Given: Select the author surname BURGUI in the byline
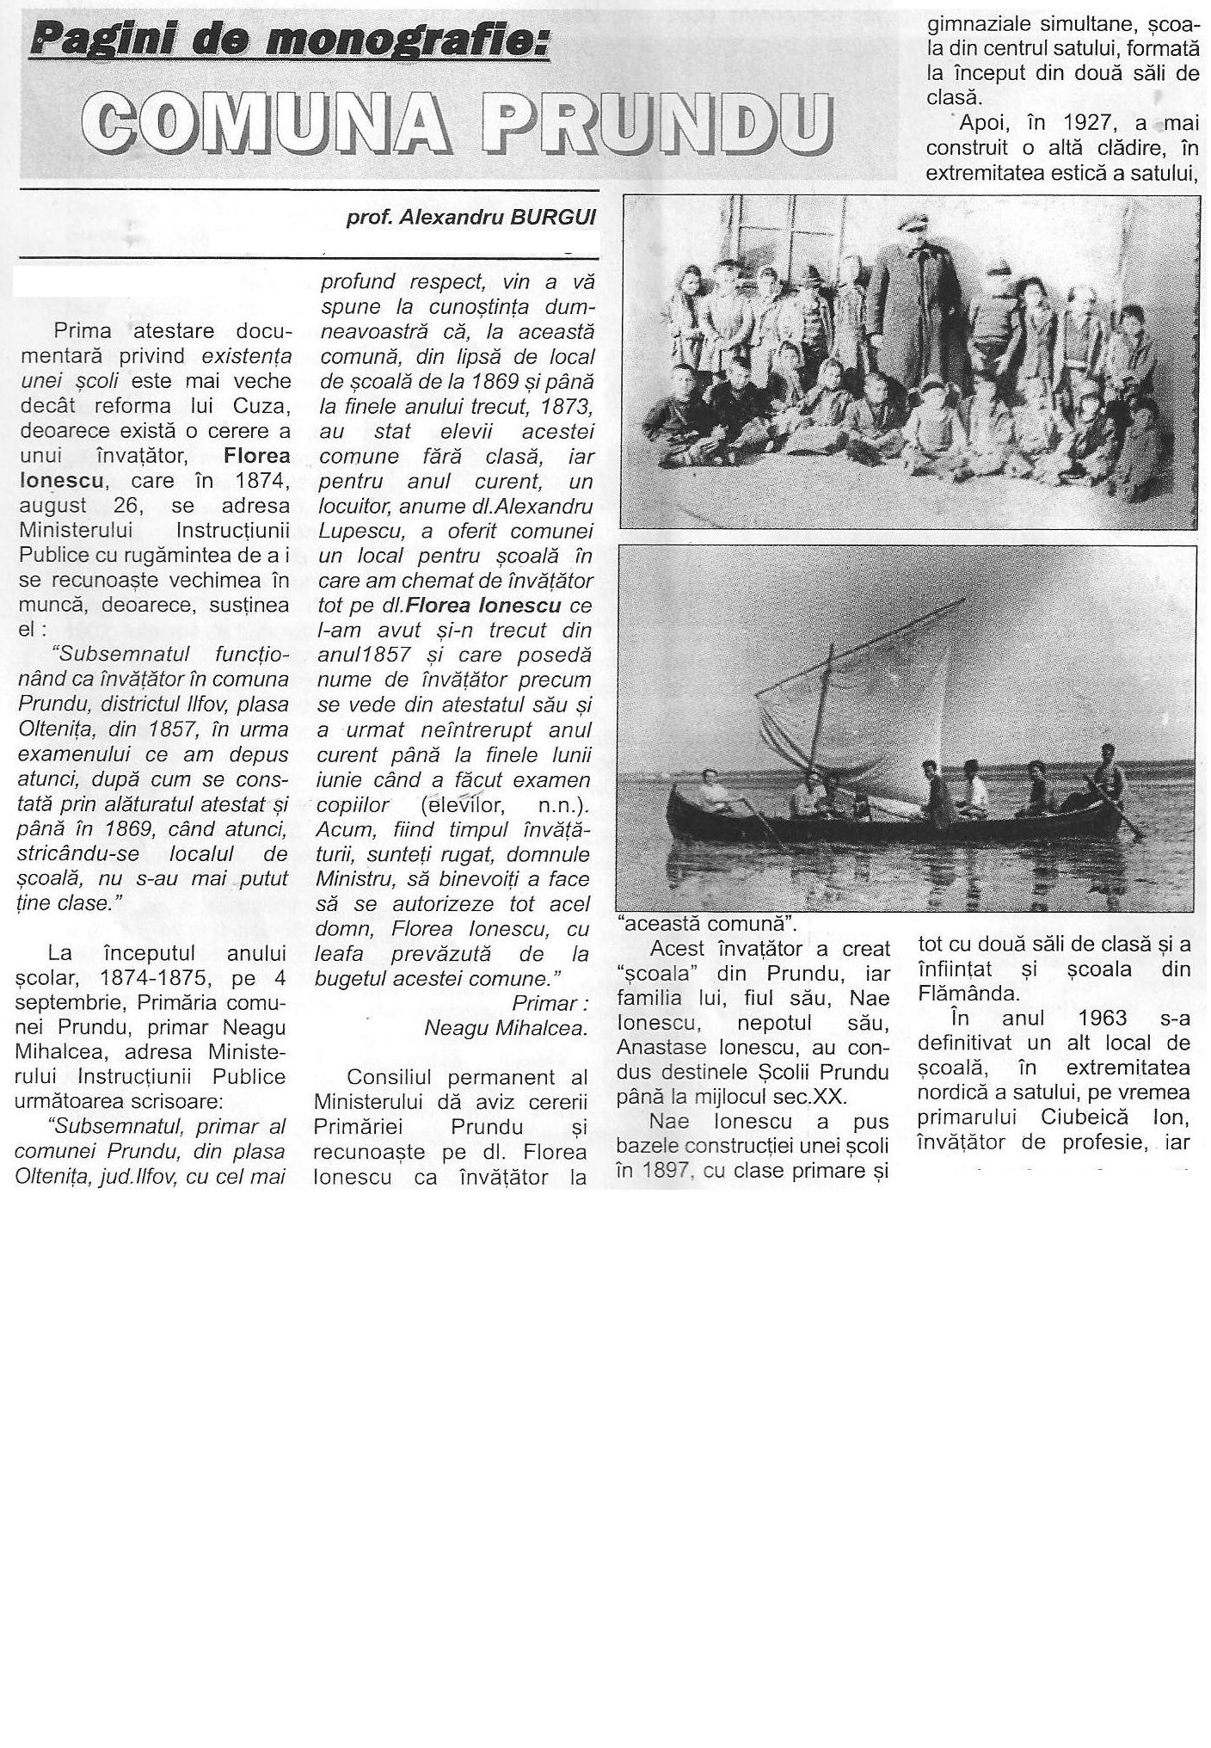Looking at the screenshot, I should [553, 218].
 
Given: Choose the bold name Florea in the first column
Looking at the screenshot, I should [256, 455].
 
